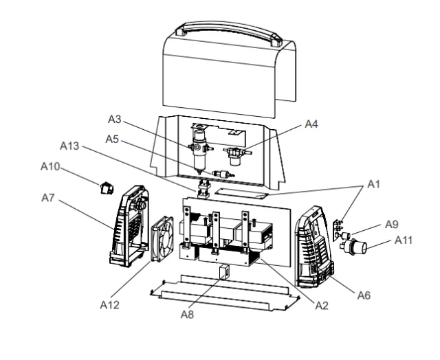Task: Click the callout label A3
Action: coord(115,119)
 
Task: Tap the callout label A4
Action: coord(311,124)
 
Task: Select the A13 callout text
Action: coord(69,146)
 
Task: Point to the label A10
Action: coord(50,166)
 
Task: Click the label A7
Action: coord(48,198)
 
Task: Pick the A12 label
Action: coord(110,305)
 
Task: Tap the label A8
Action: coord(187,314)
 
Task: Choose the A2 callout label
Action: coord(322,306)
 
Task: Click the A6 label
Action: coord(364,295)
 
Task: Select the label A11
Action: coord(404,240)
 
